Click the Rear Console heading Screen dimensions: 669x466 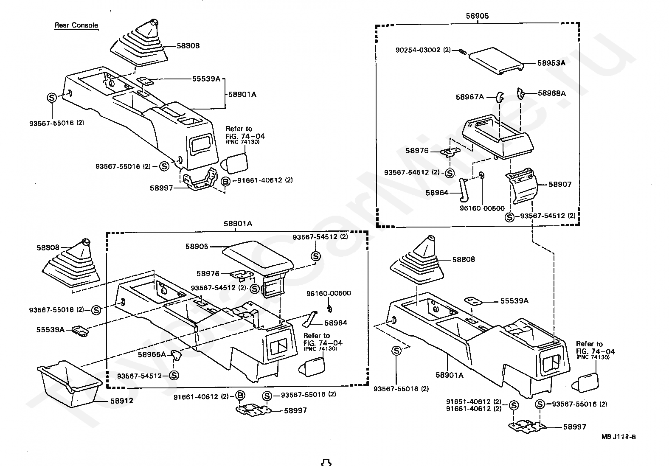click(76, 25)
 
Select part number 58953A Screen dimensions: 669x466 click(551, 63)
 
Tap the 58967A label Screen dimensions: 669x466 click(469, 97)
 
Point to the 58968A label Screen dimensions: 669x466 click(552, 93)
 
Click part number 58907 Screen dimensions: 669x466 click(560, 184)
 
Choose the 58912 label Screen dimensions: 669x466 click(122, 401)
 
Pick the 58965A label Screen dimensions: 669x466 click(152, 354)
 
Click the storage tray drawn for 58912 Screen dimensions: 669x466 click(70, 384)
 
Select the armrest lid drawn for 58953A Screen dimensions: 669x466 click(496, 61)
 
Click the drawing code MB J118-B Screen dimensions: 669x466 click(619, 437)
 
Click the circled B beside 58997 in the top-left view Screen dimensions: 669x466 click(225, 181)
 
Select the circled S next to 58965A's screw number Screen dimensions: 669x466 click(174, 376)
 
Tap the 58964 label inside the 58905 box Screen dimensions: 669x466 click(437, 193)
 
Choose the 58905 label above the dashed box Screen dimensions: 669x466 click(477, 16)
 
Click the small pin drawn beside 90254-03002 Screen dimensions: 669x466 click(462, 52)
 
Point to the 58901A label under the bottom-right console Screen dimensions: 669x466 click(450, 375)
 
